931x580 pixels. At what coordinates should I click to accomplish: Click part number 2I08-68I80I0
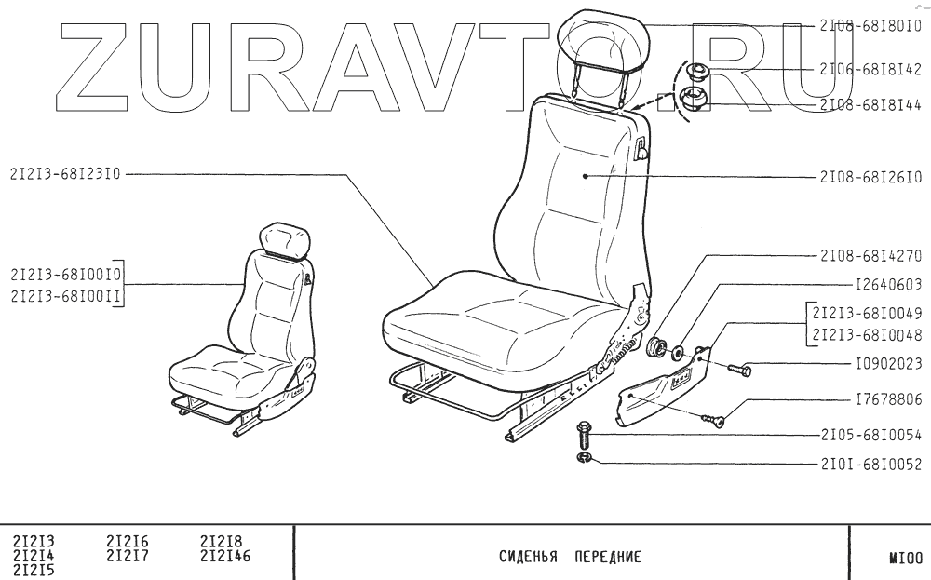870,26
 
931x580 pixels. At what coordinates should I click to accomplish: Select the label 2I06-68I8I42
870,70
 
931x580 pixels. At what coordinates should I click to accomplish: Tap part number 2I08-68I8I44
870,105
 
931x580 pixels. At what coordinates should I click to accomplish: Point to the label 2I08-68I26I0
870,176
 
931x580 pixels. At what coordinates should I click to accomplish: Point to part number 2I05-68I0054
870,435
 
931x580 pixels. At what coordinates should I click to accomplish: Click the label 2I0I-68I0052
870,461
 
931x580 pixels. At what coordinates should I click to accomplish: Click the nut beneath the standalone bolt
585,459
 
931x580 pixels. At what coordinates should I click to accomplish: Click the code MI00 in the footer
904,560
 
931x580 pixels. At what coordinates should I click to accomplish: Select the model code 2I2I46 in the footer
226,557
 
